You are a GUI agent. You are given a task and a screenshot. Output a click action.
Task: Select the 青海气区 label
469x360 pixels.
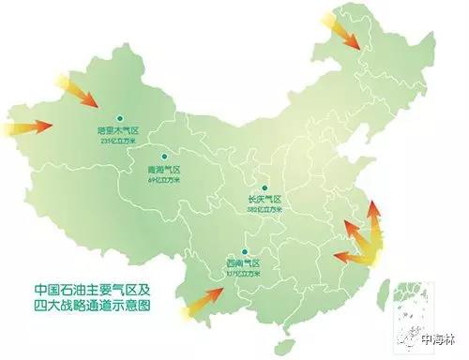click(163, 169)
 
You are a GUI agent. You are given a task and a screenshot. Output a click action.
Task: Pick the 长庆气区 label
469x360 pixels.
click(265, 199)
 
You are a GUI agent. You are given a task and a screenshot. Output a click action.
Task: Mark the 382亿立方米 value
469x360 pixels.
click(265, 209)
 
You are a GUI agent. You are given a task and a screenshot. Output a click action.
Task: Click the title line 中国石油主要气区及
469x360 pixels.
click(91, 289)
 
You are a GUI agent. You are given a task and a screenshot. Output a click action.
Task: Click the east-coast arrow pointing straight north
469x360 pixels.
click(372, 225)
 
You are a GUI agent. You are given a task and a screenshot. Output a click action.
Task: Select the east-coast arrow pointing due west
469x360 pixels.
click(352, 255)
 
